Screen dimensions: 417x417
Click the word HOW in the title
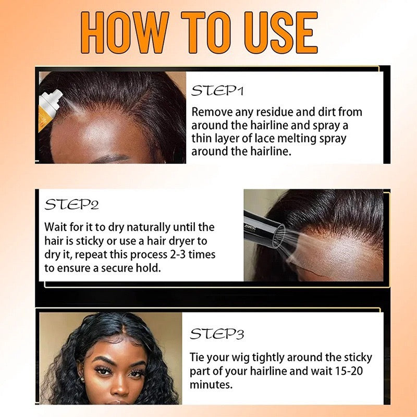125,32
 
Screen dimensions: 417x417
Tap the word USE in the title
281,32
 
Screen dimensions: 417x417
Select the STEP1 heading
217,91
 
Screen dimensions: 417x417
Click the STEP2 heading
71,204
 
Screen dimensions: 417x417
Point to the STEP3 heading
217,334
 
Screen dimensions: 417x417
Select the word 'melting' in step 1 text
297,139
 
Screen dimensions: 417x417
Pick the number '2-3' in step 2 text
177,254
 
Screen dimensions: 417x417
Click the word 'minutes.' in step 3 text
211,385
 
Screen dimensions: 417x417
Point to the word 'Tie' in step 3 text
197,358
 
